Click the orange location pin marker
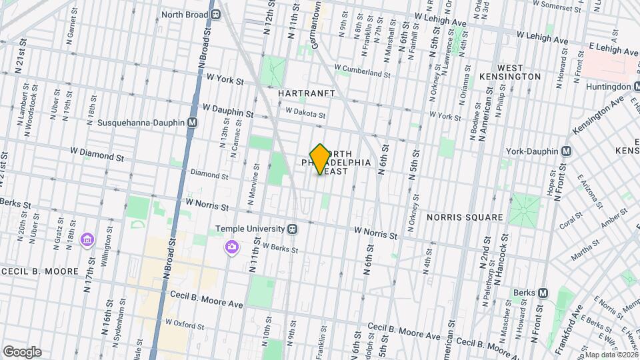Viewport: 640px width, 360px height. coord(320,159)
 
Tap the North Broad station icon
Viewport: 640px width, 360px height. coord(216,14)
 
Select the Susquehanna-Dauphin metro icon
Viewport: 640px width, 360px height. coord(193,123)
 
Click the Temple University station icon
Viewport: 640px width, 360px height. coord(292,229)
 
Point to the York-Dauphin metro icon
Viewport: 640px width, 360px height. coord(566,151)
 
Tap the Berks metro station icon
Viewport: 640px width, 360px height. coord(543,292)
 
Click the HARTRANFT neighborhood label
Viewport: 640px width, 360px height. coord(307,93)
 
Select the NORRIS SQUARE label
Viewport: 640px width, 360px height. coord(465,217)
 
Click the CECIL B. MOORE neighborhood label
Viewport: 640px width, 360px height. coord(49,272)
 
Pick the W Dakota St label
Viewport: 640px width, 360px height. coord(305,113)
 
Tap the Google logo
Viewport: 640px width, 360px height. coord(21,352)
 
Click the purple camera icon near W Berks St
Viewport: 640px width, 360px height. coord(232,247)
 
